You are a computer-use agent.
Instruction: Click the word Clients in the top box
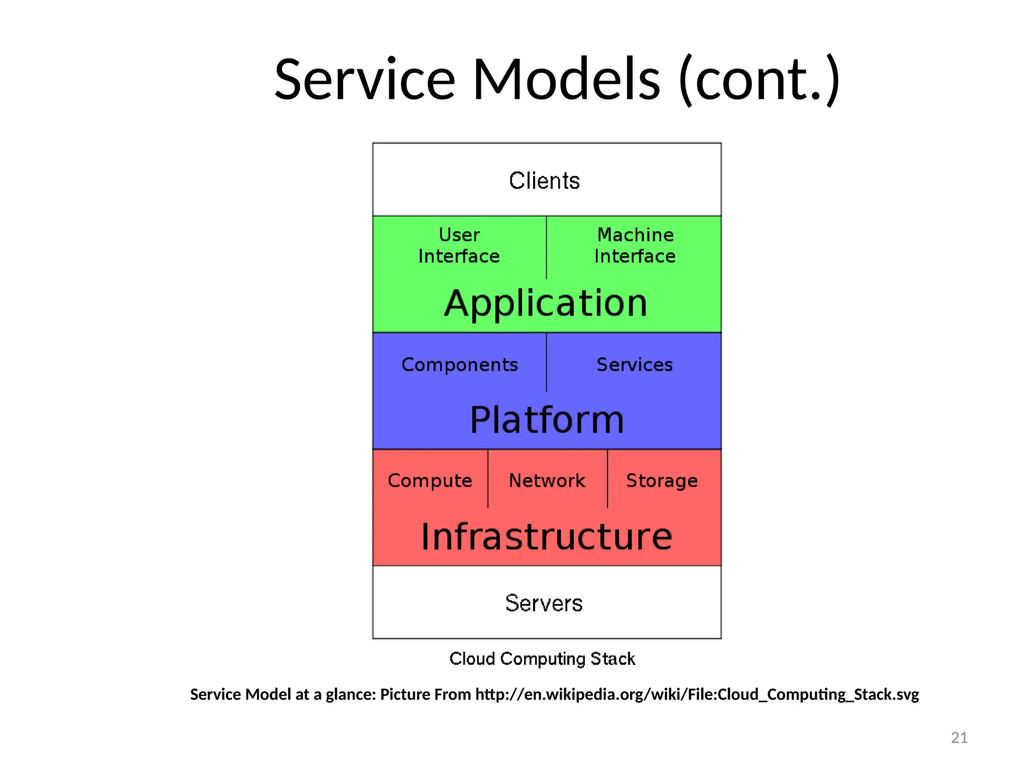tap(544, 180)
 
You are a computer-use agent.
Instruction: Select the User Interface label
tap(459, 246)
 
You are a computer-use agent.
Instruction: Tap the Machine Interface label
tap(635, 246)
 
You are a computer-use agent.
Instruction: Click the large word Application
tap(546, 303)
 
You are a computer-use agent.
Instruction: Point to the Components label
tap(460, 365)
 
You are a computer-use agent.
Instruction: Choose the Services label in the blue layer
tap(635, 365)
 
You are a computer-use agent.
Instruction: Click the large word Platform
tap(547, 420)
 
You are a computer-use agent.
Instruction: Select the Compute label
tap(430, 481)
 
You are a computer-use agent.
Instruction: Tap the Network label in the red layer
tap(547, 481)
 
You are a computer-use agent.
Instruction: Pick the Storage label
tap(662, 481)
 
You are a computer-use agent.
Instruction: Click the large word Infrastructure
tap(547, 537)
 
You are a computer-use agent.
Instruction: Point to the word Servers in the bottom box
tap(544, 603)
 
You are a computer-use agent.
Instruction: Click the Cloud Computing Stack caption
tap(542, 659)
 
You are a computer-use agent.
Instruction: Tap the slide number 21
tap(959, 737)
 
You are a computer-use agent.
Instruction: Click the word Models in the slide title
tap(566, 79)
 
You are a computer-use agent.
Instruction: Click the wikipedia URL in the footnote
tap(697, 695)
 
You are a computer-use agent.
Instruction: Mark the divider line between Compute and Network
tap(488, 478)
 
